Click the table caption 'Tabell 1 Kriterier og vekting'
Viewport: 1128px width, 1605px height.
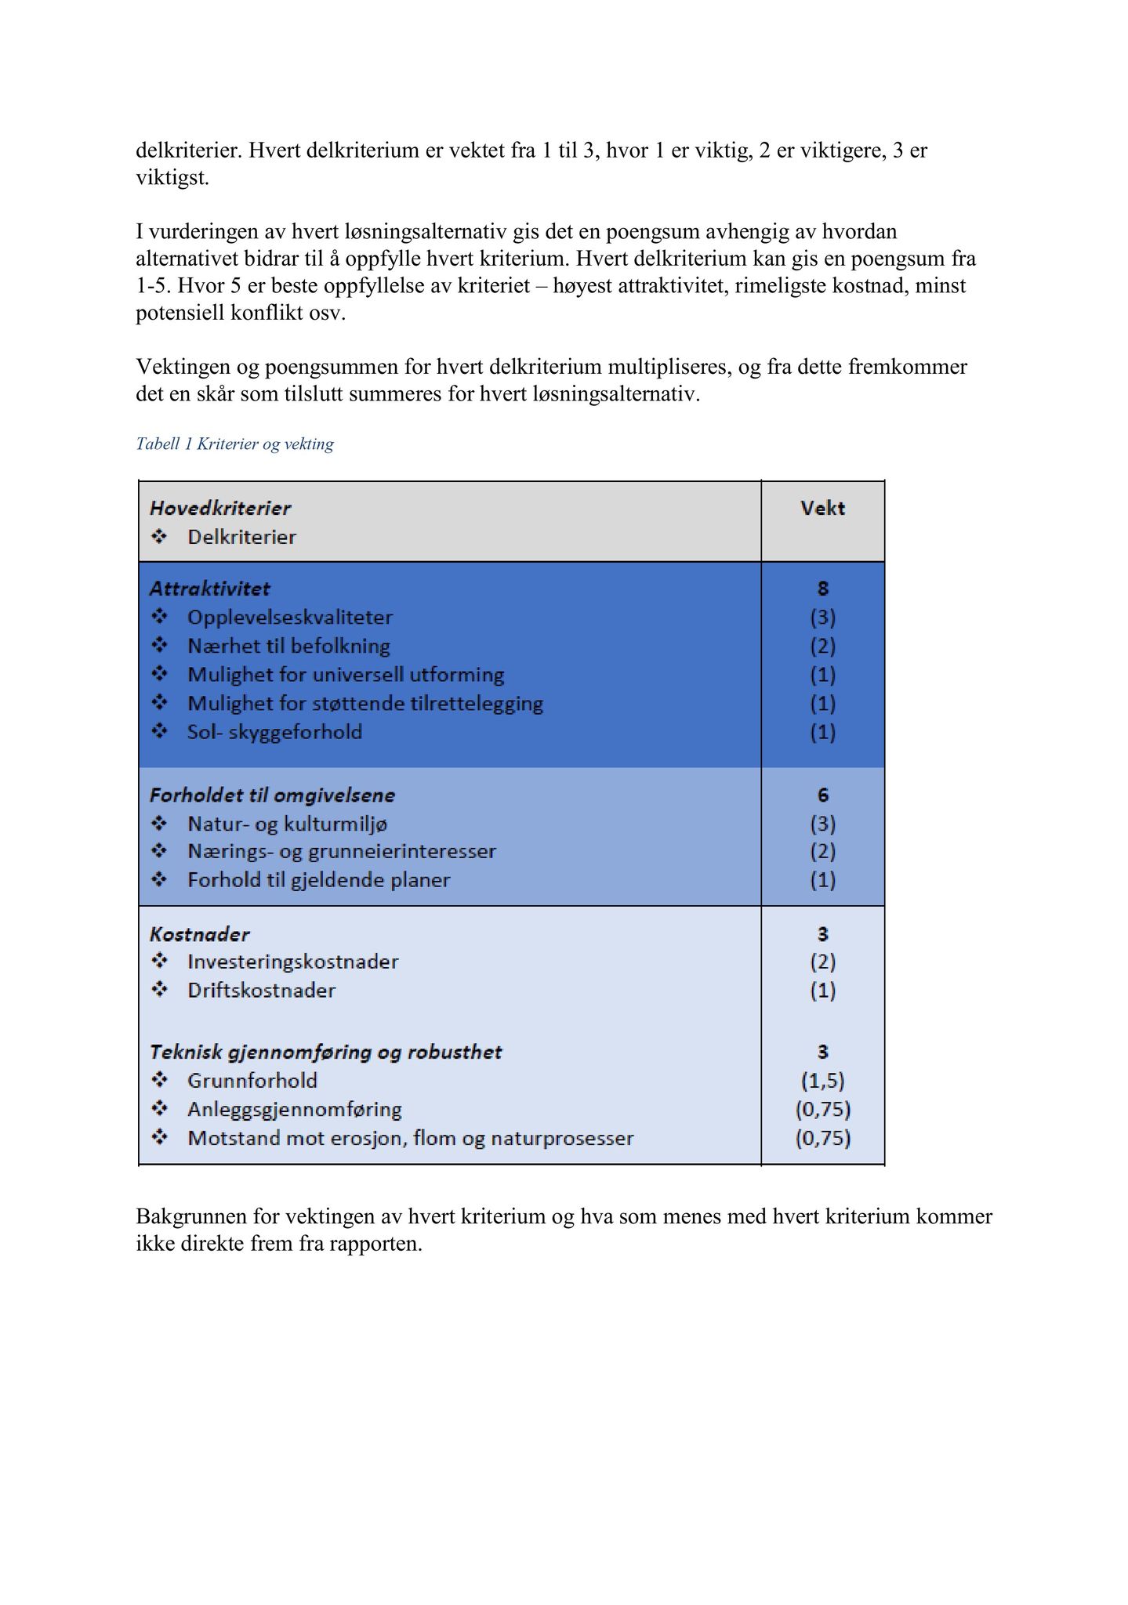click(234, 444)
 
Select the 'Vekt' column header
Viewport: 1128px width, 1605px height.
click(822, 508)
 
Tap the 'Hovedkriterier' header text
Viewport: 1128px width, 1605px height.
click(220, 508)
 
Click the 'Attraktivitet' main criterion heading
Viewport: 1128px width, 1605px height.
click(210, 589)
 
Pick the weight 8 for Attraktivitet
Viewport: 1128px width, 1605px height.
click(822, 589)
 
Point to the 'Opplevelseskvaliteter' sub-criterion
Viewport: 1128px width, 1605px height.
click(290, 618)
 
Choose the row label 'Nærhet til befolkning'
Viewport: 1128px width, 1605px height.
click(288, 646)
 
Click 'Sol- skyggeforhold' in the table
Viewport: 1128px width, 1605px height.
click(274, 732)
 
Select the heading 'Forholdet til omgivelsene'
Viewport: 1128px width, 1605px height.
click(272, 795)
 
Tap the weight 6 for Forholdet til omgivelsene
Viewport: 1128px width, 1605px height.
click(822, 795)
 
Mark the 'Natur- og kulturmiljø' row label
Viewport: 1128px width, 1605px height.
click(287, 824)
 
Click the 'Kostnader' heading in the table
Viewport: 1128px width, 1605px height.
click(200, 934)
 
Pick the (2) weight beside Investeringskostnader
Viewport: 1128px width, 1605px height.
click(822, 962)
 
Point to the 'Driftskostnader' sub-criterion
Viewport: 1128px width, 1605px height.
click(261, 991)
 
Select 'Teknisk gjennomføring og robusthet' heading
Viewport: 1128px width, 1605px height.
click(325, 1052)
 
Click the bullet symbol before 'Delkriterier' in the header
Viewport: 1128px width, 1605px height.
click(159, 537)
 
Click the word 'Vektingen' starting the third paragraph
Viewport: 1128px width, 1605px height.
click(182, 367)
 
